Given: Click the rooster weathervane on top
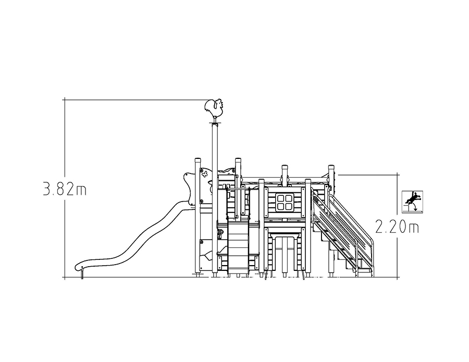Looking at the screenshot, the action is (214, 108).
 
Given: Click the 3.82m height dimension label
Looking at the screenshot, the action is (65, 189).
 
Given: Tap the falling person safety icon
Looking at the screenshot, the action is (412, 202).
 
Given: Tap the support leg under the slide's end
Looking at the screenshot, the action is (82, 274).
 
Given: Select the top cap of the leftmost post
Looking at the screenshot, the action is (198, 160).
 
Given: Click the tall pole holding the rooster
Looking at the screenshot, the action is (215, 197).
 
